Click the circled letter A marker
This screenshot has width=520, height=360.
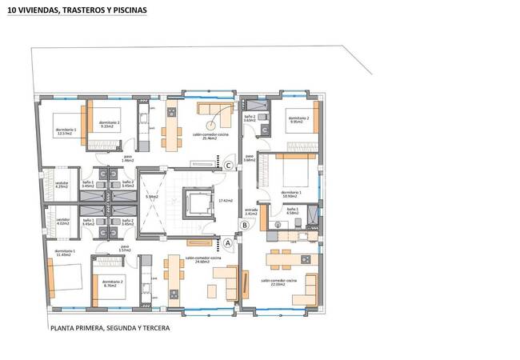227,241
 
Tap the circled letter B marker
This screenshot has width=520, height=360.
246,226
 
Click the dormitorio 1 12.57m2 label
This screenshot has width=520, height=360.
66,131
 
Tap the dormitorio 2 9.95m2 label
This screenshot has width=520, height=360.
298,122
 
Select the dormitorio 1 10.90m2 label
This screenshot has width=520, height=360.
290,194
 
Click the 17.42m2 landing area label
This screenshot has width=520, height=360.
225,200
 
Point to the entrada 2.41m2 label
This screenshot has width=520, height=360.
250,213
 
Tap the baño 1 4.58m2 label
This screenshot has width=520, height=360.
292,212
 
